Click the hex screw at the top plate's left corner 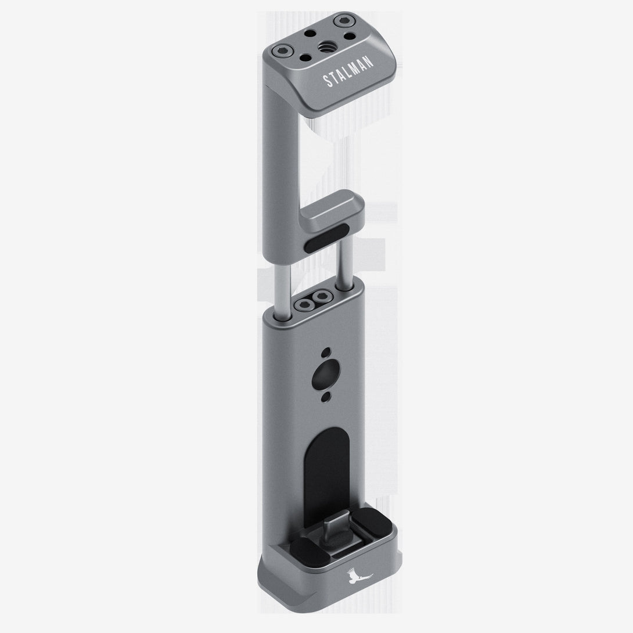click(280, 51)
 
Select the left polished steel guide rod click(282, 292)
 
